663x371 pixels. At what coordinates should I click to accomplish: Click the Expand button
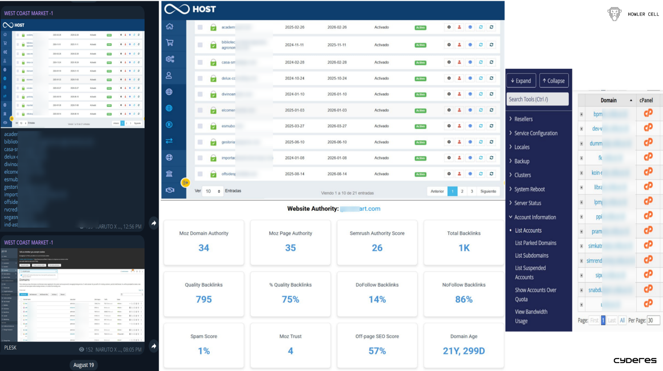[x=521, y=81]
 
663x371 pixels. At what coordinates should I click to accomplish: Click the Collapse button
[x=554, y=81]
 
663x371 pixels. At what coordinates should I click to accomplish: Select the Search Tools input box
[x=538, y=99]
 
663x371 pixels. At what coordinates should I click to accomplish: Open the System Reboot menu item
[x=529, y=189]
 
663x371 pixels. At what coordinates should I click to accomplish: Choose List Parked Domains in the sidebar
[x=535, y=243]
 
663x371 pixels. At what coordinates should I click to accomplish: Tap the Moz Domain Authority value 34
[x=204, y=248]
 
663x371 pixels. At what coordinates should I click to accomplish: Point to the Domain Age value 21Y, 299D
[x=463, y=351]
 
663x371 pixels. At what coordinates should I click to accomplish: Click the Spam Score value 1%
[x=204, y=351]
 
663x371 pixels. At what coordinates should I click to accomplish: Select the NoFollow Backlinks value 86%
[x=463, y=300]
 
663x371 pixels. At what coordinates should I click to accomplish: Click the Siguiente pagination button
[x=488, y=191]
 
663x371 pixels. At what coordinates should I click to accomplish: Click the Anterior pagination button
[x=437, y=191]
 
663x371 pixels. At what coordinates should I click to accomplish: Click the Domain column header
[x=608, y=100]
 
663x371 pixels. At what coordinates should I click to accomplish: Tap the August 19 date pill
[x=83, y=365]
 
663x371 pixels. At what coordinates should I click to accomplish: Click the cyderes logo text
[x=634, y=360]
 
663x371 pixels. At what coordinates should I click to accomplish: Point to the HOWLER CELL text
[x=643, y=14]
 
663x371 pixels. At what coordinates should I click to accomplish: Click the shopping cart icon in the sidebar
[x=170, y=43]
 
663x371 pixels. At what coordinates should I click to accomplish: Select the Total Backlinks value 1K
[x=463, y=248]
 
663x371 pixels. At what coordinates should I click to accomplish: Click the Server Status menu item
[x=527, y=203]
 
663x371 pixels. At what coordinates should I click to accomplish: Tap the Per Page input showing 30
[x=653, y=321]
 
